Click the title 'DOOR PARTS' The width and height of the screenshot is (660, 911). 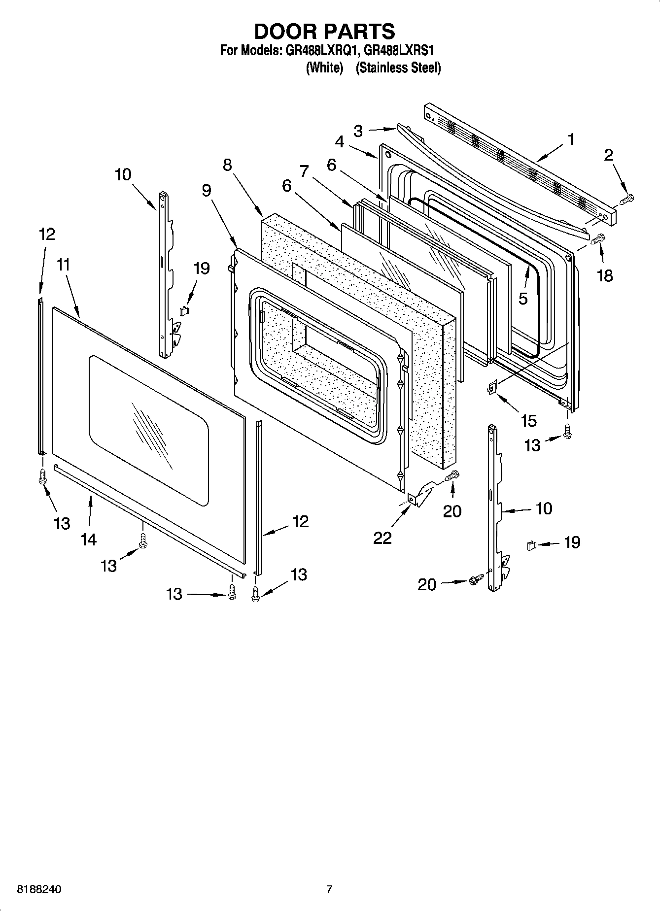[x=324, y=31]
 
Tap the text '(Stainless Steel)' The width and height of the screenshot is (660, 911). [x=398, y=67]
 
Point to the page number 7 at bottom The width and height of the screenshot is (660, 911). [x=329, y=889]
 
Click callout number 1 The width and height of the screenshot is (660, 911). [x=571, y=140]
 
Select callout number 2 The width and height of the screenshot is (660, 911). [x=609, y=155]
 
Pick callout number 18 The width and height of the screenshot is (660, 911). [x=605, y=275]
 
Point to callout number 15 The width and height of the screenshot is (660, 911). [x=528, y=421]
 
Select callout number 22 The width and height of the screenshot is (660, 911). [x=382, y=538]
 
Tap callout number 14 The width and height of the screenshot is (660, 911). [x=88, y=540]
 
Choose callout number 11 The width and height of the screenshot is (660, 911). [x=63, y=265]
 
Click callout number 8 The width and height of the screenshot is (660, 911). [x=227, y=165]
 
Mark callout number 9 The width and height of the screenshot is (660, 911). [x=207, y=190]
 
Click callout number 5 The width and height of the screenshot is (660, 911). [x=523, y=298]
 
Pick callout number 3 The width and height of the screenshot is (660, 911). [x=358, y=131]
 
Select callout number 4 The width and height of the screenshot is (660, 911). [x=340, y=141]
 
